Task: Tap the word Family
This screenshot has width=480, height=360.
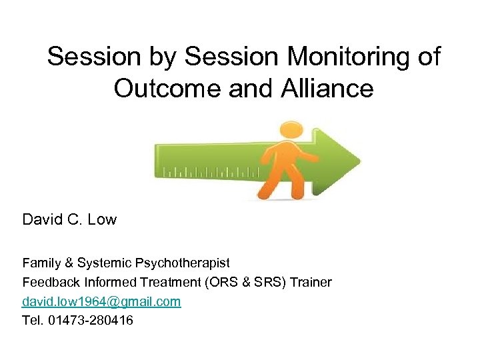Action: [42, 263]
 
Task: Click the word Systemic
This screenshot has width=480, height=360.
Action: [103, 263]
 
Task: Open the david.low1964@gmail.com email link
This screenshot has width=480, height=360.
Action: [101, 301]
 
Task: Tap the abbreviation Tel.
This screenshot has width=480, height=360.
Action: [33, 321]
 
